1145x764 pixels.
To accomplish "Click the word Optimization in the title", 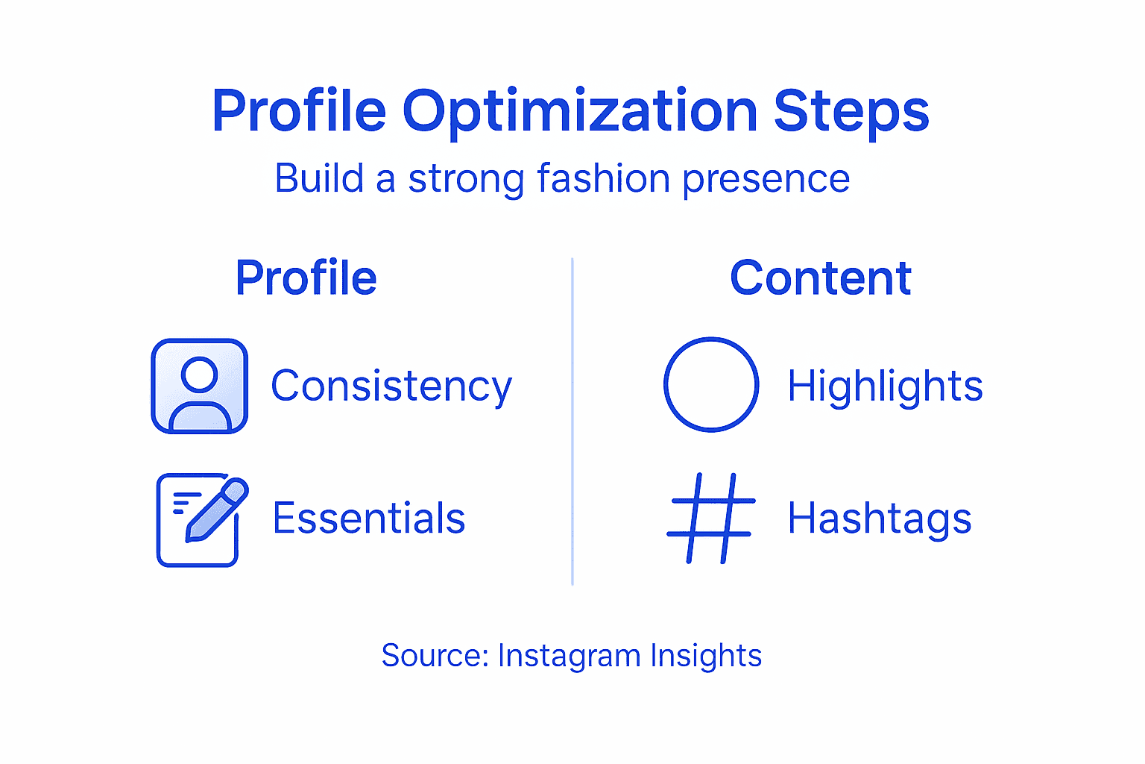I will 580,112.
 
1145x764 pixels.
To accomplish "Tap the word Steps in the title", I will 851,112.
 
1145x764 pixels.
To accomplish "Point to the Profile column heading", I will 306,278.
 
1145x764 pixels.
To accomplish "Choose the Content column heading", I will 820,278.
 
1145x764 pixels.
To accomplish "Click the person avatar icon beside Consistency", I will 199,386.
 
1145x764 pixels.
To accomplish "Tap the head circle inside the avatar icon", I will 199,375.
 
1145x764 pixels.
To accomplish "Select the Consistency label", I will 391,387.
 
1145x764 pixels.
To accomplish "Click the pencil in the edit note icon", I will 216,510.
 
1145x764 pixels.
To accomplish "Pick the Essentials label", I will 368,519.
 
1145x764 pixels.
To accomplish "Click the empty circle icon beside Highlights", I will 711,384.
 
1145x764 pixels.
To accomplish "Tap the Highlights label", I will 885,387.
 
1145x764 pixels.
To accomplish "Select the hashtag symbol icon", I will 711,518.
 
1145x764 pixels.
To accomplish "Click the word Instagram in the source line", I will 569,657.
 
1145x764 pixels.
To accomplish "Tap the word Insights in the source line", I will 705,657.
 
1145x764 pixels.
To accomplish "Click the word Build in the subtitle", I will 319,179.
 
